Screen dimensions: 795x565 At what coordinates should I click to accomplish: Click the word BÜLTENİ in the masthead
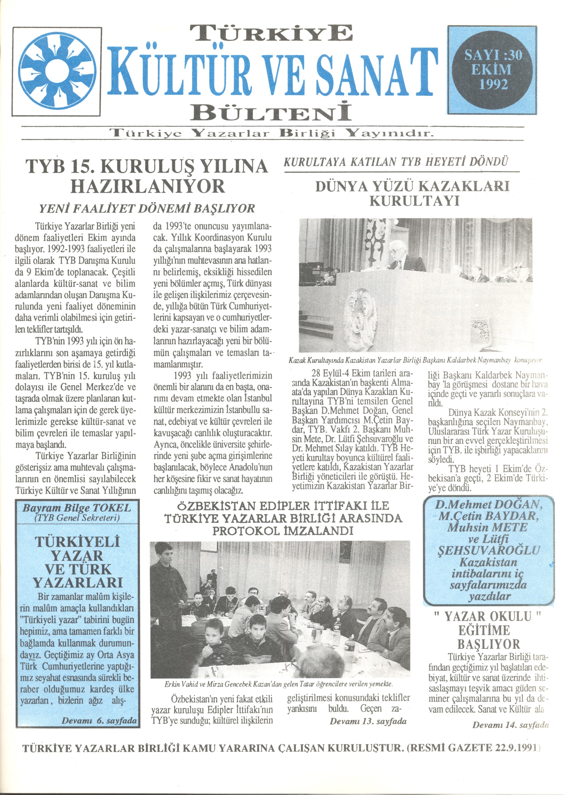pyautogui.click(x=270, y=113)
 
